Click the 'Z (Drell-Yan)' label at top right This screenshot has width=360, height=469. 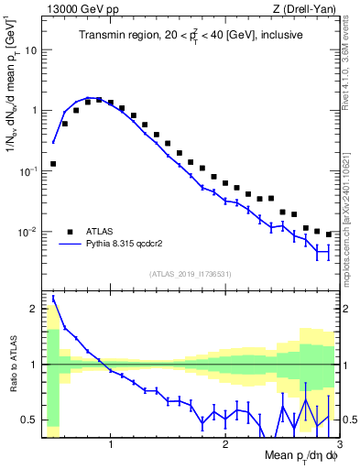pos(303,9)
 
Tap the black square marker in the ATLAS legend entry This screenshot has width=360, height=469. pos(70,232)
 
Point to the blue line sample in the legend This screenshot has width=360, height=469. pos(70,245)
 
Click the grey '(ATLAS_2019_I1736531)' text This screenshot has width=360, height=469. pos(190,274)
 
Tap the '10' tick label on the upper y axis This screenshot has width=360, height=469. pos(31,50)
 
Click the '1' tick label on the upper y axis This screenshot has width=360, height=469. pos(35,111)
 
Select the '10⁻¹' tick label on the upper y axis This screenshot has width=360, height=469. pos(28,170)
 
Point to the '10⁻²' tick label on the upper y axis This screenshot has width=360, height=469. pos(28,231)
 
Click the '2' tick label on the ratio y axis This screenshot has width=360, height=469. pos(35,308)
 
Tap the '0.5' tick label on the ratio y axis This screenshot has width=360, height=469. pos(29,420)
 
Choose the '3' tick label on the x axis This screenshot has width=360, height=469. pos(338,445)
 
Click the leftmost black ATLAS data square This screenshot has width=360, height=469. pos(53,164)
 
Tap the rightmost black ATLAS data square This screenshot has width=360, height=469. pos(328,234)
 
